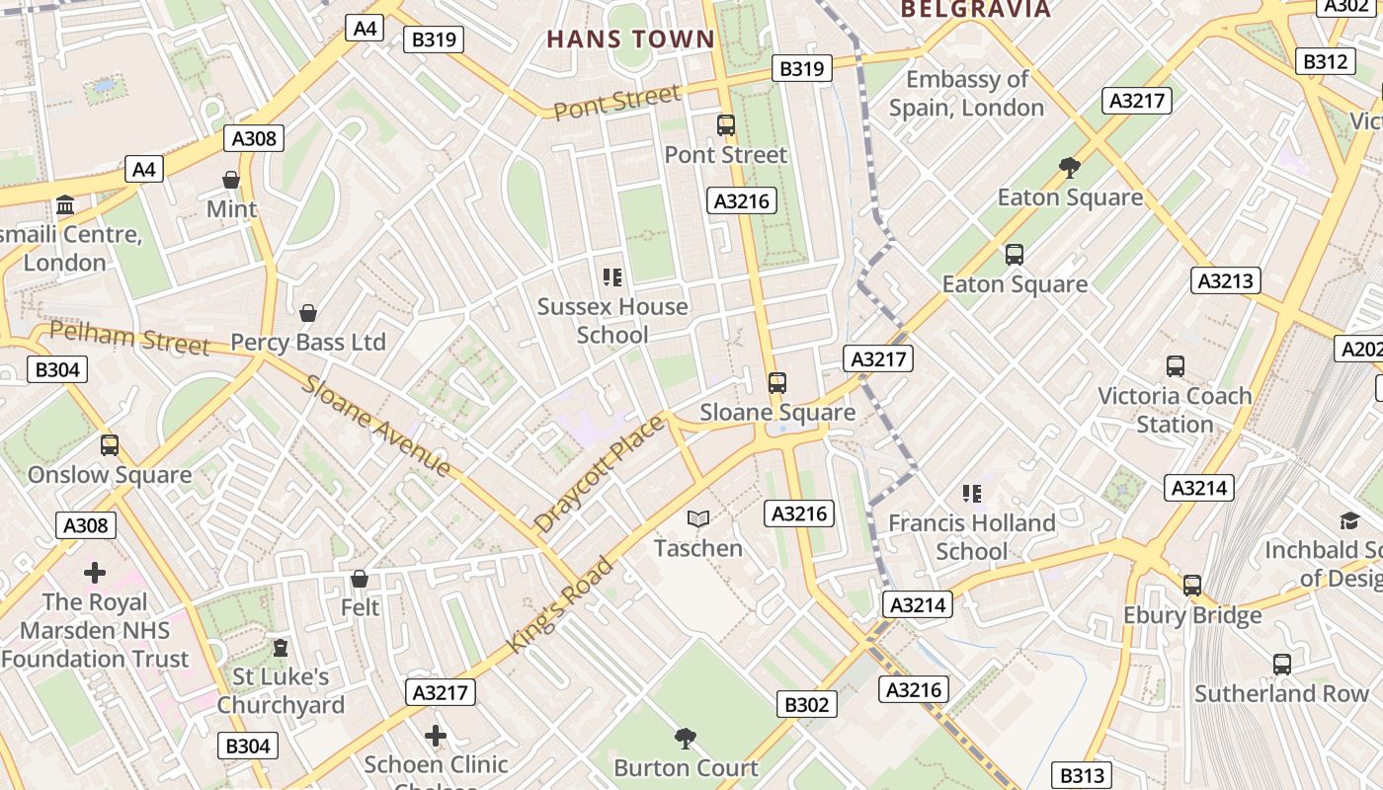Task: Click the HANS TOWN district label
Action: tap(630, 39)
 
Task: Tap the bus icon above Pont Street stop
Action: tap(726, 125)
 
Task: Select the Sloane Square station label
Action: tap(777, 413)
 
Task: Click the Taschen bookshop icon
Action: tap(698, 518)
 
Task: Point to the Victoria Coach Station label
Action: tap(1175, 410)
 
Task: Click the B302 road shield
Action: tap(807, 704)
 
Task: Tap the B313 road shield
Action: tap(1082, 776)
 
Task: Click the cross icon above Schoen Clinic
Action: tap(436, 736)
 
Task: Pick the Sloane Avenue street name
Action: tap(377, 426)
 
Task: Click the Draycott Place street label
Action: tap(599, 474)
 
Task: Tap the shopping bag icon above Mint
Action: tap(231, 180)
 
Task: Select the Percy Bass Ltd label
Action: tap(308, 343)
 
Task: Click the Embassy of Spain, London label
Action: tap(966, 93)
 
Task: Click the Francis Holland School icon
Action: tap(972, 493)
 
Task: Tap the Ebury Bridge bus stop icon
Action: tap(1192, 586)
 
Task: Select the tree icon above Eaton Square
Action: tap(1069, 167)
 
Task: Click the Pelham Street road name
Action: tap(129, 338)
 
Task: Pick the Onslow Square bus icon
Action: tap(110, 445)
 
